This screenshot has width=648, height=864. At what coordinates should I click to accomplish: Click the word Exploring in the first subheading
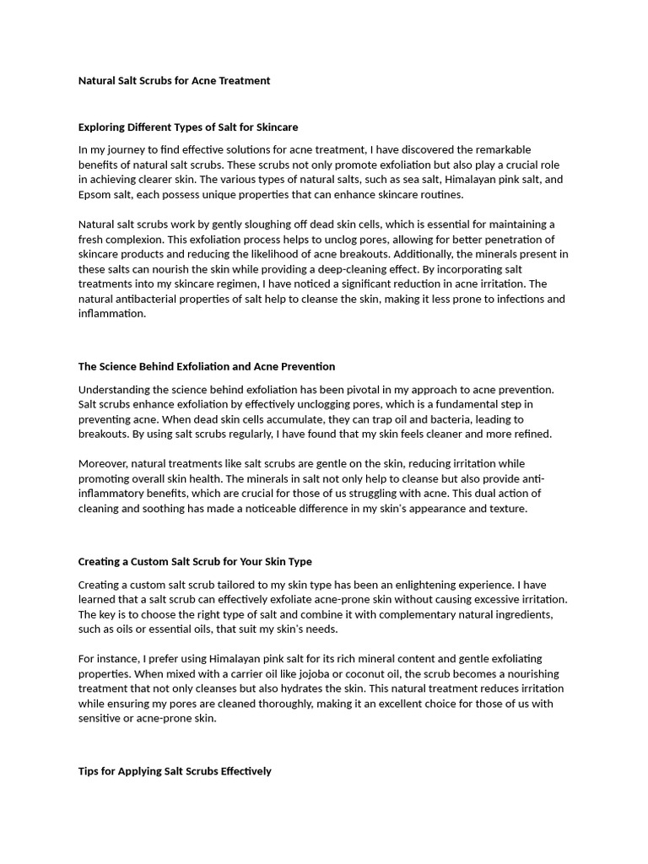(x=102, y=127)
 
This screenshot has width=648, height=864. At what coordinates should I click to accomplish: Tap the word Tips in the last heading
(x=89, y=771)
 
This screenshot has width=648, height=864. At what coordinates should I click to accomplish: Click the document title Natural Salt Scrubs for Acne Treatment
(x=174, y=81)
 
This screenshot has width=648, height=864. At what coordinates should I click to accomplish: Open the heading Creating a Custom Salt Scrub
(x=195, y=561)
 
